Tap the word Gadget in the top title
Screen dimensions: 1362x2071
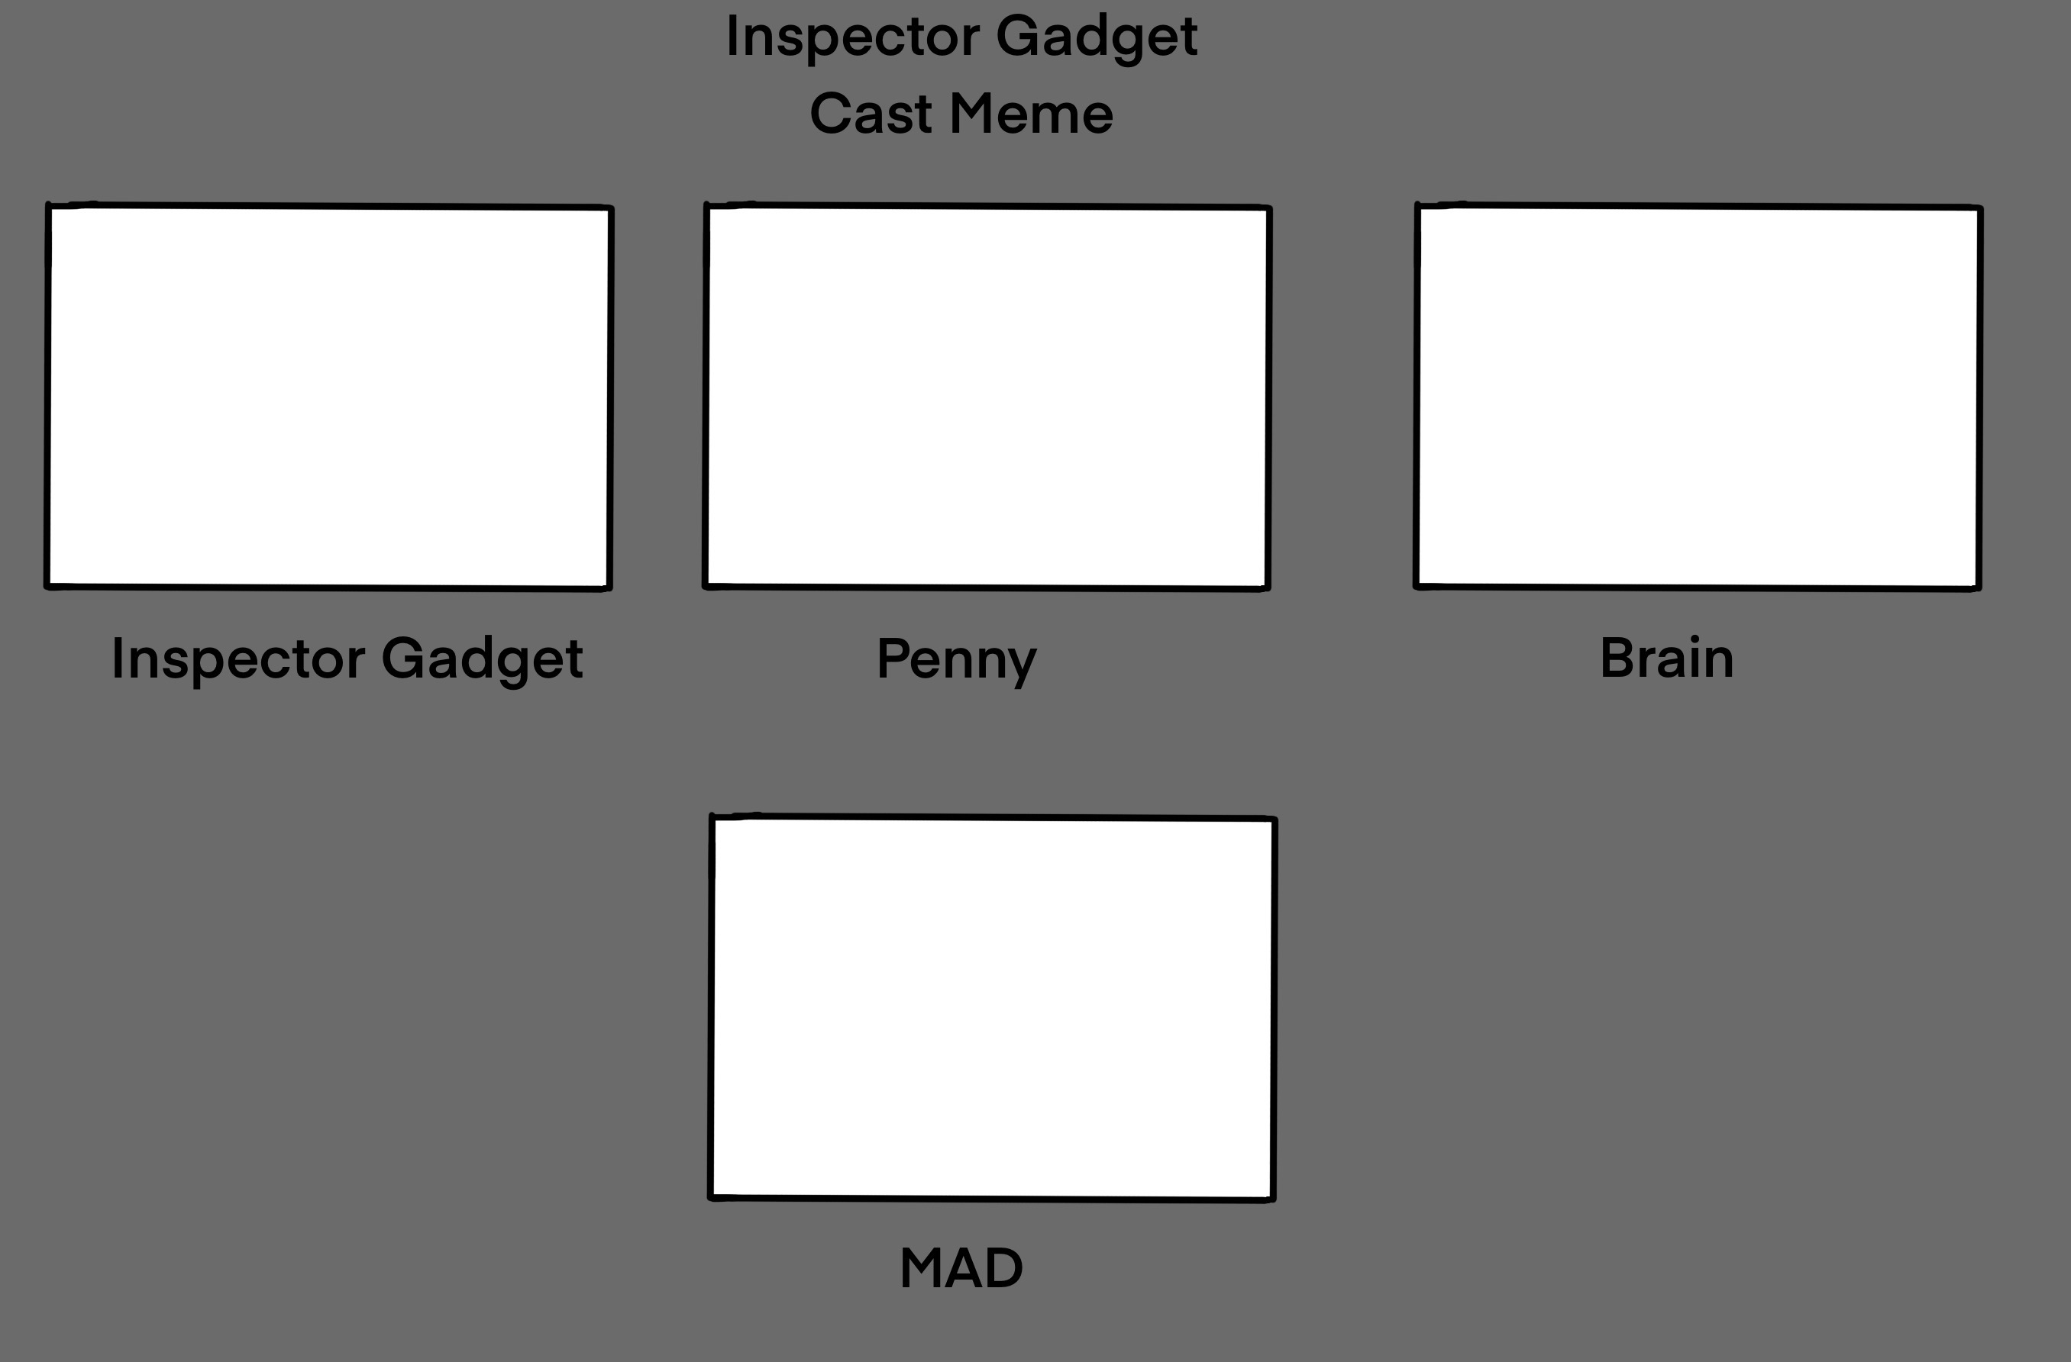(1097, 38)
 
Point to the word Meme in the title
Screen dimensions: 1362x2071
(1030, 114)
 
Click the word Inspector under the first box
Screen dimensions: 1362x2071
(237, 659)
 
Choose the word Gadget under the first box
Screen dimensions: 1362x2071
(482, 659)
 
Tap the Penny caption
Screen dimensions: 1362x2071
(956, 659)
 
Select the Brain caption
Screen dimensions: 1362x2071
(1666, 658)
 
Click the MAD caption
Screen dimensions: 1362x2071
(961, 1268)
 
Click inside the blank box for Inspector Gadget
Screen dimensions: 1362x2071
(329, 397)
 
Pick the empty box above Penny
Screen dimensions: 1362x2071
(987, 397)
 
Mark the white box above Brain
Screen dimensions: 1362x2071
(1698, 397)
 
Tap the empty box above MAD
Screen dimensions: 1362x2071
(992, 1008)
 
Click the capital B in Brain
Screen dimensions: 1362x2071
(1618, 658)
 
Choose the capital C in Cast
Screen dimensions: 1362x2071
(831, 114)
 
